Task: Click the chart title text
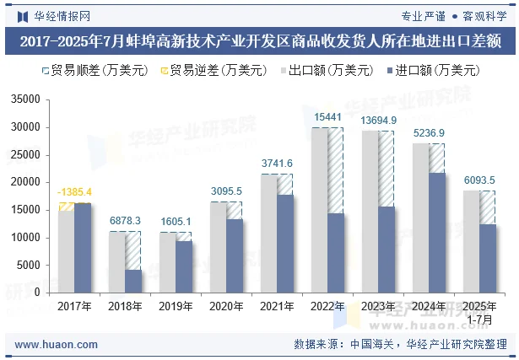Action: tap(259, 40)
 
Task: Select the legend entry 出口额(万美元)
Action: tap(325, 71)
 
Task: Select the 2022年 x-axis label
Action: tap(327, 307)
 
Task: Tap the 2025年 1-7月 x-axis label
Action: tap(479, 313)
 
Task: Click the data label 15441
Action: tap(327, 117)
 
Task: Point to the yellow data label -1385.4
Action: tap(74, 192)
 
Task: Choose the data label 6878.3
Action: tap(125, 220)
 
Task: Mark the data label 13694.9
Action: tap(378, 121)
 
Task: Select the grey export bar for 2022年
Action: tap(319, 210)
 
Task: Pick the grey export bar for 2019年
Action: tap(168, 262)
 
